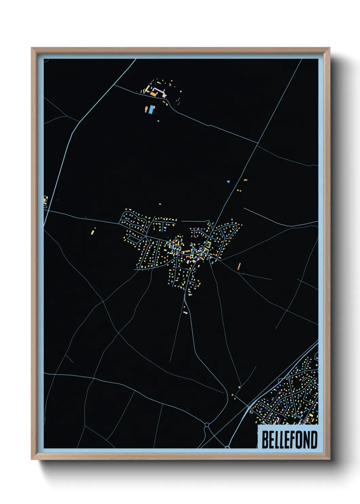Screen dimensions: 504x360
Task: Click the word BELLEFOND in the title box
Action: coord(289,440)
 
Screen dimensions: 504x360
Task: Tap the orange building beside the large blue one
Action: coord(146,109)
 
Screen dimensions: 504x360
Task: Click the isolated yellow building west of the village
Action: coord(92,232)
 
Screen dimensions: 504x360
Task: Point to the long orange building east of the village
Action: coord(239,266)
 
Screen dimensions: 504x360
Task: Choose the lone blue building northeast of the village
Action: coord(228,182)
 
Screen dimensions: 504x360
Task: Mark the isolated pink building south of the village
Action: coord(185,312)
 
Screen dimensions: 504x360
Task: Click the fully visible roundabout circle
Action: coord(207,425)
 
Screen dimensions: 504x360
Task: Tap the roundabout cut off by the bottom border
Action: coord(227,447)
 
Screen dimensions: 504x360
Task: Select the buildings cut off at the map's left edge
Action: coord(45,200)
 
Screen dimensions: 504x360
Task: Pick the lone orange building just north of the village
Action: coord(160,204)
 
